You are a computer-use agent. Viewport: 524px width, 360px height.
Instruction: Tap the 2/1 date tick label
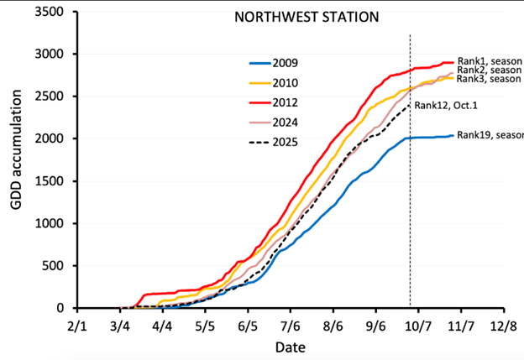click(x=76, y=322)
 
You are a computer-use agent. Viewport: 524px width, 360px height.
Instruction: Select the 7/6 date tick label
click(x=291, y=322)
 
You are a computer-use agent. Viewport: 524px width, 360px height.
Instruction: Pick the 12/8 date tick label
click(x=505, y=322)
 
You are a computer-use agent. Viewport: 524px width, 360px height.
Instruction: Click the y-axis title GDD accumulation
click(x=18, y=159)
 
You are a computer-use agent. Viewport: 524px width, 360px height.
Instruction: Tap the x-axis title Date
click(x=293, y=346)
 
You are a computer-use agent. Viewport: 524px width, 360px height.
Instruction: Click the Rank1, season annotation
click(x=490, y=61)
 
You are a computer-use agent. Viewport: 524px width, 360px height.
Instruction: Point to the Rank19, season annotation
click(x=490, y=135)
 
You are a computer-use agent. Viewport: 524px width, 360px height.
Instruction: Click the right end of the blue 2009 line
click(x=453, y=136)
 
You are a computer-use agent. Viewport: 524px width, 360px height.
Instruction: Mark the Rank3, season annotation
click(x=490, y=80)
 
